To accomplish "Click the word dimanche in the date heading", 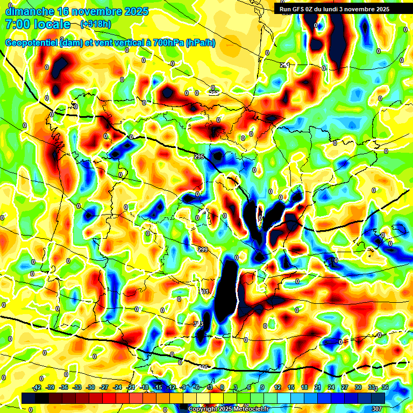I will coord(29,11).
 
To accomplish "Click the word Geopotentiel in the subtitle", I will coord(31,43).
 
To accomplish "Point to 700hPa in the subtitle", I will coord(165,43).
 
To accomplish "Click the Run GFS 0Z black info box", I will coord(342,9).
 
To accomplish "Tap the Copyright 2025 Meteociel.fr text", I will coord(228,409).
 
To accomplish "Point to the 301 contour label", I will coord(204,291).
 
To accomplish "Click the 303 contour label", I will coord(198,324).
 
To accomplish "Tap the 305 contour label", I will coord(203,368).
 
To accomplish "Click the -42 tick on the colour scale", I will coord(37,388).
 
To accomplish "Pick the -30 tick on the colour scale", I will coord(90,388).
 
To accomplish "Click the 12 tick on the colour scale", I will coord(277,388).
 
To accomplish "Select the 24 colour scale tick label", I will coord(331,388).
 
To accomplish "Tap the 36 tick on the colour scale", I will coord(384,388).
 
